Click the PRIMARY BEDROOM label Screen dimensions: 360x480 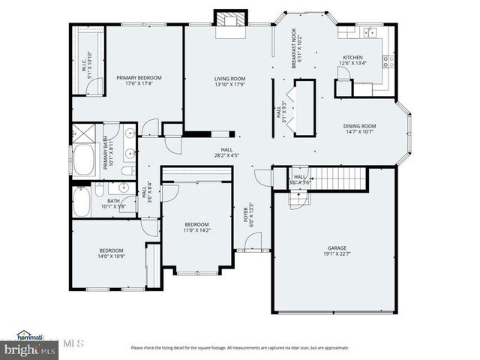(x=139, y=77)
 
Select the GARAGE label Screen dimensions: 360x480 (x=337, y=247)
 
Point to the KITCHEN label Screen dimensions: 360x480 (x=353, y=58)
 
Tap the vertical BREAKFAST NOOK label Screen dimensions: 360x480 (x=294, y=49)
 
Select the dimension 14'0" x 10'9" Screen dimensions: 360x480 (x=111, y=256)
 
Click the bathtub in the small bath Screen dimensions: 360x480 (x=83, y=201)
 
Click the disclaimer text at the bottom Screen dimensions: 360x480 (x=240, y=347)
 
